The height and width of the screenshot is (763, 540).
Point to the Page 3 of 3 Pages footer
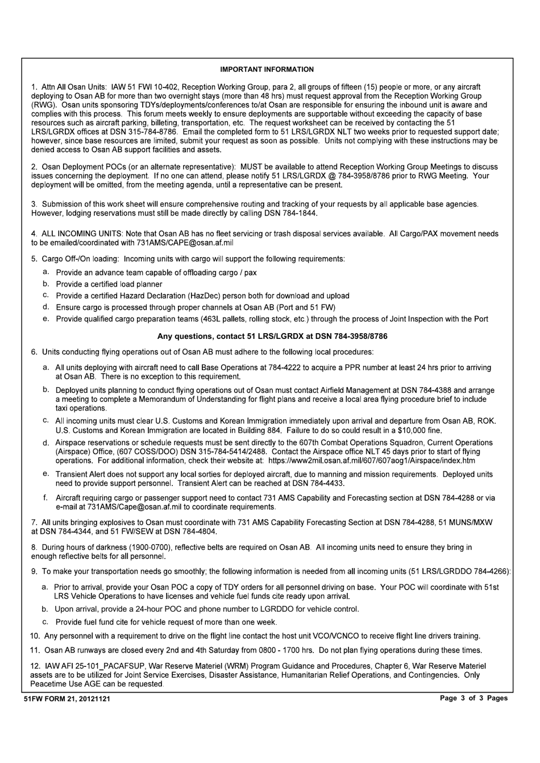pos(473,698)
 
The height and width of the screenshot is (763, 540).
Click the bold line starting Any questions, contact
pos(272,336)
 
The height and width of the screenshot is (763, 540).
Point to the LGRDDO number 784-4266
pos(490,571)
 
